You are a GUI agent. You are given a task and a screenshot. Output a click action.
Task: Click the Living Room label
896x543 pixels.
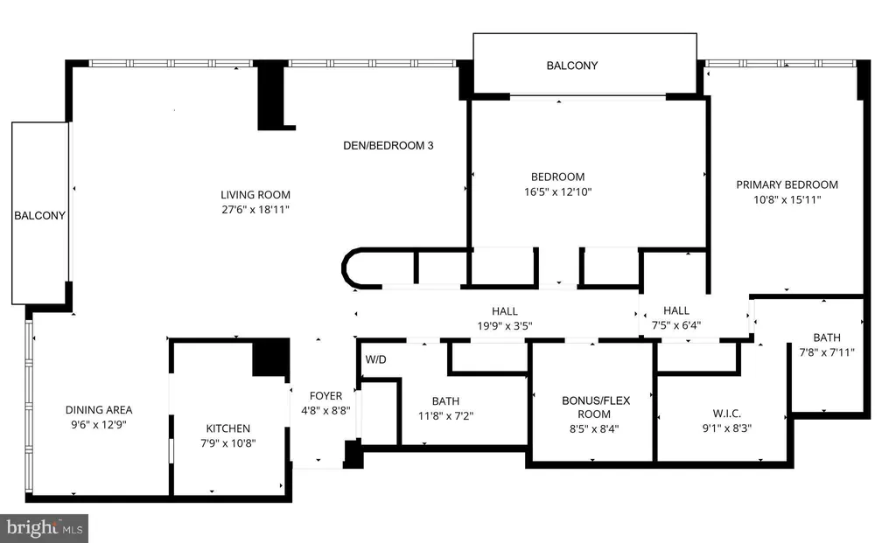pyautogui.click(x=255, y=195)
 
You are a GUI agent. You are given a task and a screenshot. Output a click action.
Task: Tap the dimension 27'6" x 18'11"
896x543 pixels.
pyautogui.click(x=255, y=210)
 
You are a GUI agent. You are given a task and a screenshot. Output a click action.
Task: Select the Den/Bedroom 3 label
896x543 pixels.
pyautogui.click(x=388, y=146)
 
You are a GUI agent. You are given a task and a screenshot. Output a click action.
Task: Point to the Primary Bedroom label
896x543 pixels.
pyautogui.click(x=787, y=184)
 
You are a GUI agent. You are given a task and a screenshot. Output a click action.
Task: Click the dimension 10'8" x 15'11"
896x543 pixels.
pyautogui.click(x=787, y=199)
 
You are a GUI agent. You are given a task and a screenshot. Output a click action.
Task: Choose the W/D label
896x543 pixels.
pyautogui.click(x=376, y=359)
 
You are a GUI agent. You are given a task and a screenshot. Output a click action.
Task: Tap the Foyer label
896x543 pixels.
pyautogui.click(x=325, y=396)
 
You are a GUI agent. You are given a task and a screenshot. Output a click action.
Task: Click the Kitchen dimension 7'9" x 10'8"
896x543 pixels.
pyautogui.click(x=228, y=443)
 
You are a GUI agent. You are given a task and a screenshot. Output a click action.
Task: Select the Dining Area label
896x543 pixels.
pyautogui.click(x=99, y=409)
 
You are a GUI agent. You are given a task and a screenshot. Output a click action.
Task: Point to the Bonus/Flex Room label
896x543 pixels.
pyautogui.click(x=595, y=407)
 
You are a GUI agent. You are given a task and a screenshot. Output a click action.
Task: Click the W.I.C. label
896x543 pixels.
pyautogui.click(x=727, y=413)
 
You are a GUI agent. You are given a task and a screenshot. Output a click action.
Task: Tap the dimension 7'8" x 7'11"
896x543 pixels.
pyautogui.click(x=827, y=352)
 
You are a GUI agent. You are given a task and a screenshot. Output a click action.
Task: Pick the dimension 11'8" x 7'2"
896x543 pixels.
pyautogui.click(x=445, y=415)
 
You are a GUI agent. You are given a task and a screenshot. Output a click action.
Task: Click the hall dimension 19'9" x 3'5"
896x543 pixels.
pyautogui.click(x=505, y=326)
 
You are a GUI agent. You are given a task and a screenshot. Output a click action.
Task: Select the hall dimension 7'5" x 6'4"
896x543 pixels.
pyautogui.click(x=676, y=325)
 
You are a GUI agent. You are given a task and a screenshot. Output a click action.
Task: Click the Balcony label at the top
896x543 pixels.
pyautogui.click(x=572, y=66)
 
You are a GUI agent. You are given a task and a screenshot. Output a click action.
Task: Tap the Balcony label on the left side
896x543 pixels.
pyautogui.click(x=39, y=215)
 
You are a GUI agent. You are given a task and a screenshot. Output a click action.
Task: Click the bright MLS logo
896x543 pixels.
pyautogui.click(x=44, y=528)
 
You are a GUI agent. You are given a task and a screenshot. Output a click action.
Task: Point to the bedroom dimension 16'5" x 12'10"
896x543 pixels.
pyautogui.click(x=557, y=191)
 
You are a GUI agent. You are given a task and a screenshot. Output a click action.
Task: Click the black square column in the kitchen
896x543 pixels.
pyautogui.click(x=271, y=358)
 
